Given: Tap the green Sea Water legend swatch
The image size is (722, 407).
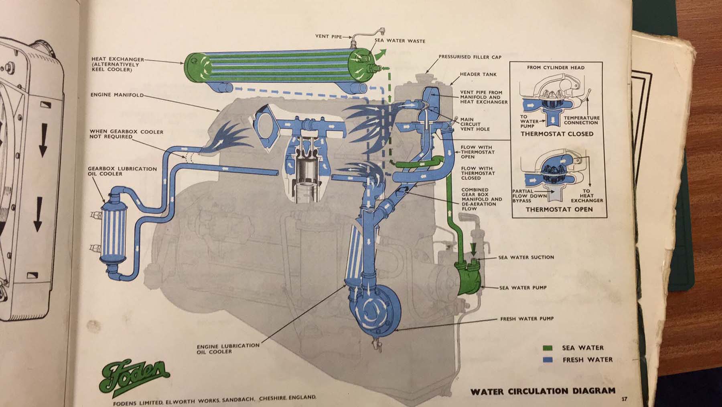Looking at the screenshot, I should click(548, 348).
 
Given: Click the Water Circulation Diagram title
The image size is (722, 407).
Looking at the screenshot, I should click(543, 391).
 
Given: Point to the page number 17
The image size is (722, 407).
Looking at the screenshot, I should click(624, 399).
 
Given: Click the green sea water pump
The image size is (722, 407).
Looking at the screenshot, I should click(467, 278).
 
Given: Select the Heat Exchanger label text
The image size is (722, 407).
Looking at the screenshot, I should click(115, 64).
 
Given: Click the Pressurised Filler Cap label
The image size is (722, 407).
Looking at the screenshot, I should click(470, 57).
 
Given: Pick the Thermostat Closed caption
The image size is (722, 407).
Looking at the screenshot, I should click(557, 134).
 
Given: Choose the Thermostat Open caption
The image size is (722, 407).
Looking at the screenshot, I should click(559, 209).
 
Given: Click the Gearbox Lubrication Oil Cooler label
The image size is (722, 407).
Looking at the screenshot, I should click(122, 171).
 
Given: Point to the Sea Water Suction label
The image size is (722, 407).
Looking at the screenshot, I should click(526, 257).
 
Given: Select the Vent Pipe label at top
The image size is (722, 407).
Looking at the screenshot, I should click(328, 37).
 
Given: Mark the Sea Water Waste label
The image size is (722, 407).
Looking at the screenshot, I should click(400, 41).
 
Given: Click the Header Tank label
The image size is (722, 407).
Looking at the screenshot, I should click(478, 74).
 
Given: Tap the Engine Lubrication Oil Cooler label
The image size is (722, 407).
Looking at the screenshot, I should click(228, 348).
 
